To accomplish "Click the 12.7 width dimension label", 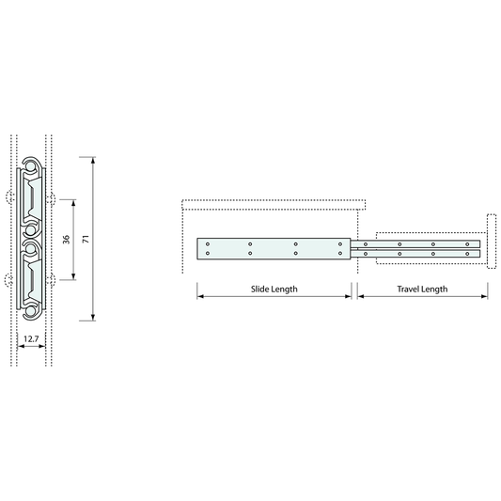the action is (x=31, y=338).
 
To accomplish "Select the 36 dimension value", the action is (x=66, y=240).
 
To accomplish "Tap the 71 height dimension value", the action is (x=86, y=239).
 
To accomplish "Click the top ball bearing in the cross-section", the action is (x=30, y=166).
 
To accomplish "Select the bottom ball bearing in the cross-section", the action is (x=30, y=311).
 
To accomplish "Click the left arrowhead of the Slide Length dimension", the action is (x=200, y=296).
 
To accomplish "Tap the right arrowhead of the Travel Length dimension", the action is (x=484, y=296).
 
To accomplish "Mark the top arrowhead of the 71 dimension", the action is (x=93, y=161).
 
